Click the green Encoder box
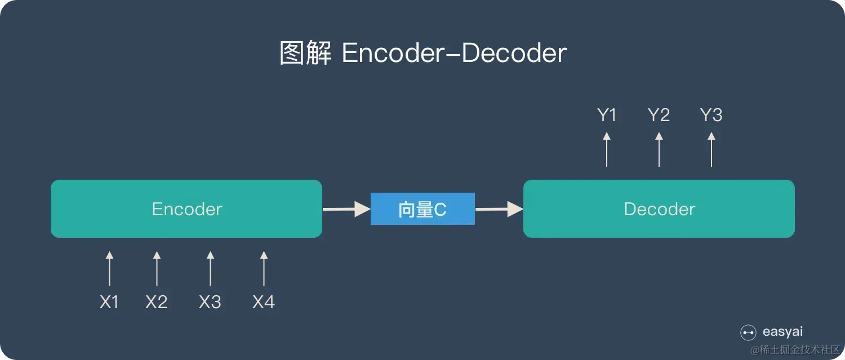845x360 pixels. pyautogui.click(x=186, y=209)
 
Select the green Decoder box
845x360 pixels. pyautogui.click(x=659, y=209)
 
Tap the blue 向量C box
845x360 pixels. pyautogui.click(x=422, y=209)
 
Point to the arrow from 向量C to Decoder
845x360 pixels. pyautogui.click(x=499, y=209)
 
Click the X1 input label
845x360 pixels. pyautogui.click(x=109, y=303)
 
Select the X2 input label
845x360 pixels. pyautogui.click(x=157, y=303)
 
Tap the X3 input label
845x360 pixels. pyautogui.click(x=210, y=303)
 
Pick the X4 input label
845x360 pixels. pyautogui.click(x=264, y=303)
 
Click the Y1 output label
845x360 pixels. pyautogui.click(x=607, y=115)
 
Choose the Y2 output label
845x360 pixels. pyautogui.click(x=659, y=115)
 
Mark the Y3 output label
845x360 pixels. pyautogui.click(x=711, y=115)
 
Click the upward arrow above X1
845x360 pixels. pyautogui.click(x=109, y=269)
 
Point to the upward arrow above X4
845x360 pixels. pyautogui.click(x=264, y=269)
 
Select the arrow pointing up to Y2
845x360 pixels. pyautogui.click(x=659, y=149)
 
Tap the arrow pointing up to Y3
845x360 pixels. pyautogui.click(x=711, y=149)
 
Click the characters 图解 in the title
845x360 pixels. pyautogui.click(x=305, y=54)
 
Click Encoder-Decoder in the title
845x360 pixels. pyautogui.click(x=454, y=54)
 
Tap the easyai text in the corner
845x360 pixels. pyautogui.click(x=782, y=332)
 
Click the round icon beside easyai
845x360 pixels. pyautogui.click(x=748, y=332)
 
